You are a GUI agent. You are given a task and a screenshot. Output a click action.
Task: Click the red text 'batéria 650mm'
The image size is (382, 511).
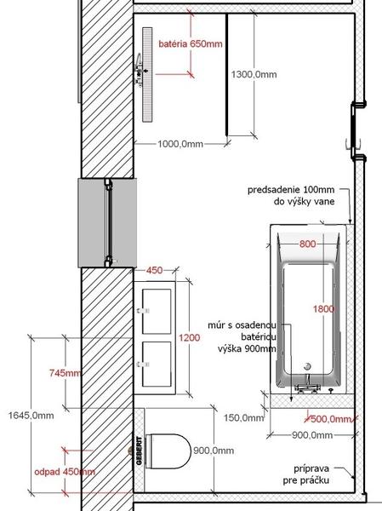pos(191,43)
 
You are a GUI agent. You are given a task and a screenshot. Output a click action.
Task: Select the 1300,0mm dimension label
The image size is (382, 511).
pos(254,75)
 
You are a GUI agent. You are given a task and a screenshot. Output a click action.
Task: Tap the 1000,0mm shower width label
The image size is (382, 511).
pos(180,144)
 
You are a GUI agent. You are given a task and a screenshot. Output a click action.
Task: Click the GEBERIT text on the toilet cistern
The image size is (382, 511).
pos(140,451)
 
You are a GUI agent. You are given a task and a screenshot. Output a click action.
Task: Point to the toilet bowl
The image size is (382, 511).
pos(168,451)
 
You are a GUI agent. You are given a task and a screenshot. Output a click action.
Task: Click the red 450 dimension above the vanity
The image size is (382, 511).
pos(154,270)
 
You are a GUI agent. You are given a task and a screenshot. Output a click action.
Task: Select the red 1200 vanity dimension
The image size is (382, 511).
pos(189,337)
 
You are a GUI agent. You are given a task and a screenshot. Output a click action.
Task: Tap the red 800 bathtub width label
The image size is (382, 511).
pos(307,244)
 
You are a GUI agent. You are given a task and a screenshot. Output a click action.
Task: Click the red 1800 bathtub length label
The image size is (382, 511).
pos(323,308)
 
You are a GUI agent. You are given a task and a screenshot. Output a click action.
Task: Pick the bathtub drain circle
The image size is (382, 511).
pos(307,366)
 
